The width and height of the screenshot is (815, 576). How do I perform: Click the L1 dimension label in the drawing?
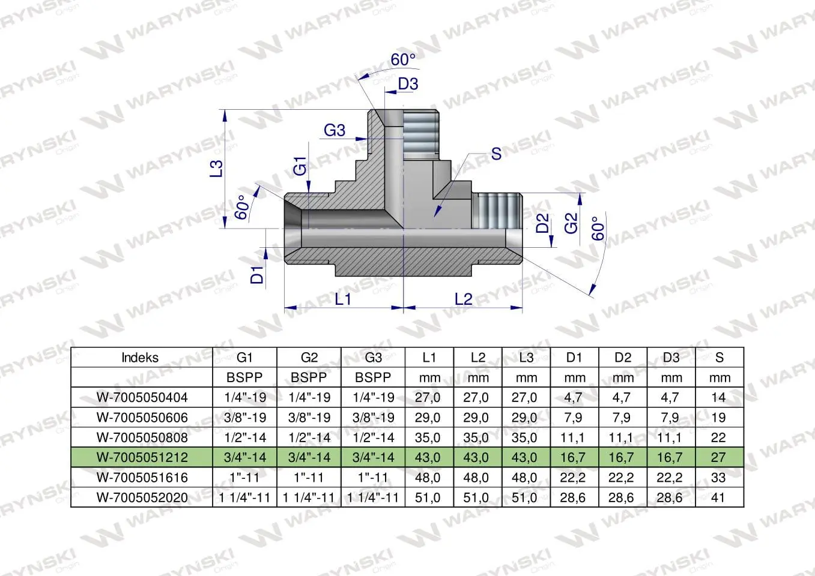point(343,299)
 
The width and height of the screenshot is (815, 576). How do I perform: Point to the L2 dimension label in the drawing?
point(463,299)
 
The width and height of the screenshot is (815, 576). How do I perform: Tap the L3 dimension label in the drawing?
point(216,169)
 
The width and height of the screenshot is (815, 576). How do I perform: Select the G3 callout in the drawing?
point(335,130)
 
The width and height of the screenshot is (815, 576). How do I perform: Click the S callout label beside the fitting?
point(496,154)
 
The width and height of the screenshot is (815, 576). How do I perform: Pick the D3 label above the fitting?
point(408,84)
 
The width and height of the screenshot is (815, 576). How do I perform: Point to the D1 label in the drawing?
point(257,275)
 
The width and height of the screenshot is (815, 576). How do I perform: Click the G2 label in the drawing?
point(571,223)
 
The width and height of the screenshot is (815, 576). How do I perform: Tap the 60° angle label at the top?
point(403,59)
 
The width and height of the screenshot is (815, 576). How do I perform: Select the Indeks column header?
point(140,358)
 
